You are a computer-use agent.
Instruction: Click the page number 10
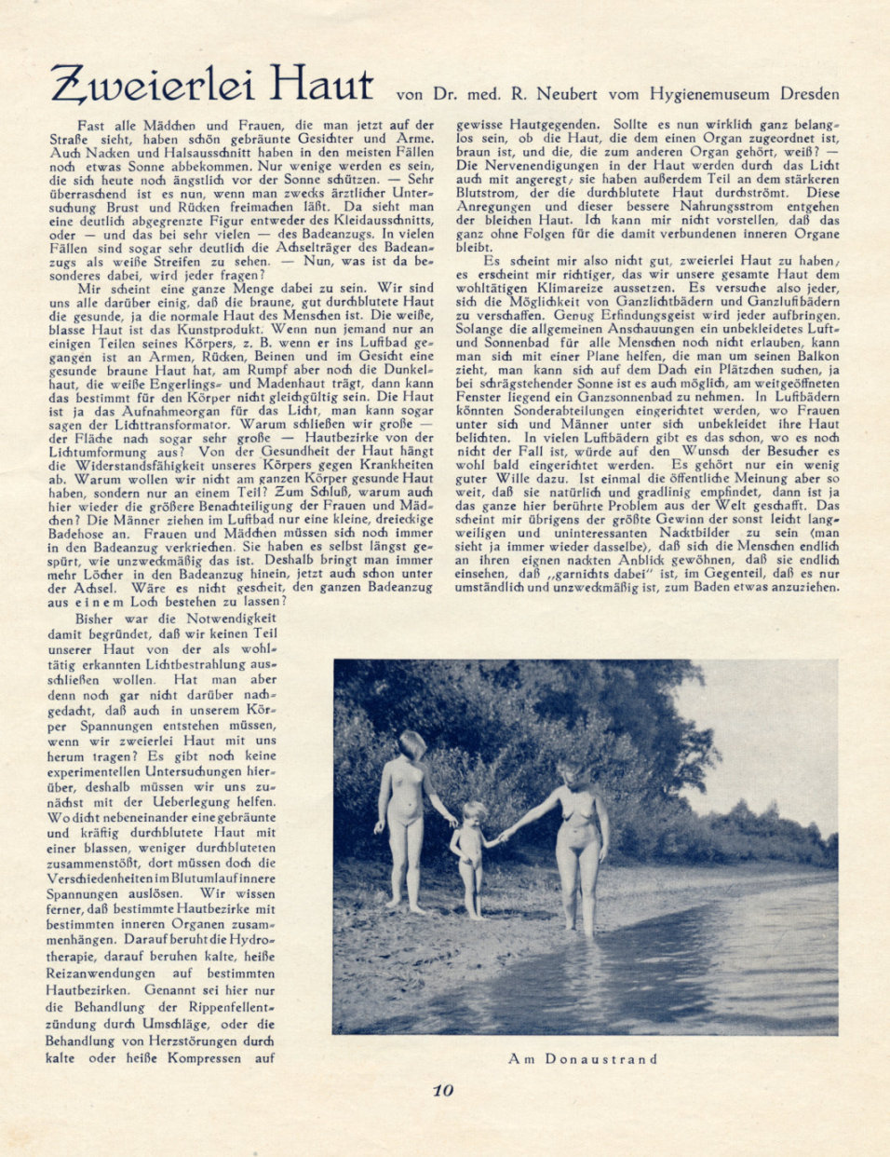point(442,1090)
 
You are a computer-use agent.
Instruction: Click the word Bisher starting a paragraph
point(94,618)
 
